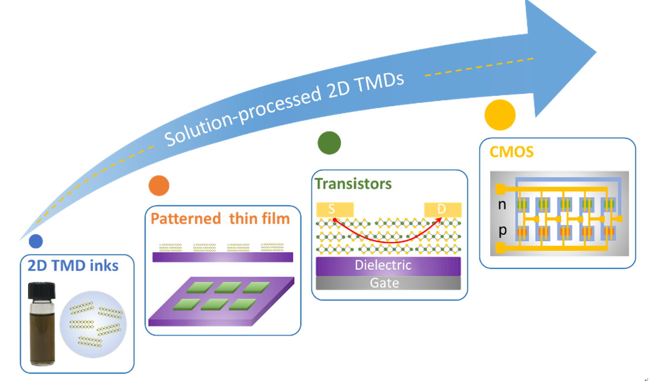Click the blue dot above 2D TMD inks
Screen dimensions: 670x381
tap(36, 241)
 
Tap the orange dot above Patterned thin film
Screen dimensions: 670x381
tap(159, 186)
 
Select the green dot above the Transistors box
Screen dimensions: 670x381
tap(329, 143)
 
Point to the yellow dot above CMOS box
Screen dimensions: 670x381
tap(500, 115)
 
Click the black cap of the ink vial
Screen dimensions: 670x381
tap(42, 290)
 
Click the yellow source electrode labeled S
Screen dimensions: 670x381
tap(335, 210)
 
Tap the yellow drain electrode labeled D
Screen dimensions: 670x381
tap(442, 210)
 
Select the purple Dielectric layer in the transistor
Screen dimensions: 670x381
tap(388, 266)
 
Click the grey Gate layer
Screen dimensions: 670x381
tap(388, 283)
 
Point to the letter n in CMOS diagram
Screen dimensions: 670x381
tap(502, 205)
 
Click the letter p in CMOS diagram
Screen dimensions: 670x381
tap(502, 231)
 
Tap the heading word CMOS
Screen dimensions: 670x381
tap(511, 152)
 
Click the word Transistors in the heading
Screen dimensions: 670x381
tap(353, 184)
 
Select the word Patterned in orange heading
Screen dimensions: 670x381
tap(186, 218)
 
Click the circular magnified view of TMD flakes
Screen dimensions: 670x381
tap(93, 324)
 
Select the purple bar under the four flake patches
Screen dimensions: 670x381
tap(223, 257)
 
